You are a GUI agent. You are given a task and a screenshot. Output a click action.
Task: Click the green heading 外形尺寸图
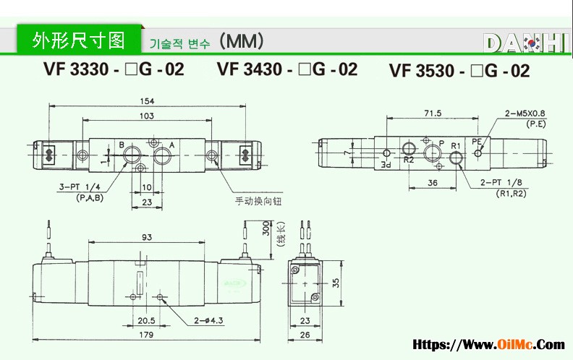tap(79, 40)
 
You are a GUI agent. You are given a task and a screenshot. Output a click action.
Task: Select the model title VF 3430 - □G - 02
tap(287, 69)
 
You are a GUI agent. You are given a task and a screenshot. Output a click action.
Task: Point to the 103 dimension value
tap(145, 116)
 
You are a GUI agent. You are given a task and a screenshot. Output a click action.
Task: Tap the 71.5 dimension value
tap(433, 113)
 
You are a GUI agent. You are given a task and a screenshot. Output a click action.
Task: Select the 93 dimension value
tap(147, 237)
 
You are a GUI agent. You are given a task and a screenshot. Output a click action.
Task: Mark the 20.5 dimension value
tap(147, 320)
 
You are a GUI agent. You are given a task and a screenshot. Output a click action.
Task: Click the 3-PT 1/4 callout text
tap(80, 187)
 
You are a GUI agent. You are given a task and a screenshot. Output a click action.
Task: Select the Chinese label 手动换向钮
tap(258, 200)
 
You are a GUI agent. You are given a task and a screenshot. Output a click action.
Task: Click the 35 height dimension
tap(336, 283)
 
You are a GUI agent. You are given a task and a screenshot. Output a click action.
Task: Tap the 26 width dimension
tap(305, 334)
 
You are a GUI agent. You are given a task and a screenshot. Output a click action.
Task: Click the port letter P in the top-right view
tap(441, 143)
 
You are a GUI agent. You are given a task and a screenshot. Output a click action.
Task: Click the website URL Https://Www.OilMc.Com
tap(488, 346)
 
